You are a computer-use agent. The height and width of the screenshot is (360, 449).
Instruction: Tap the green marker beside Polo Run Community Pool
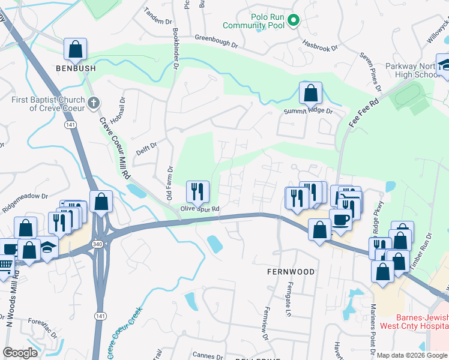pos(294,21)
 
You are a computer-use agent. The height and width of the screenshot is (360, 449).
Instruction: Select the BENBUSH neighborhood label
pos(76,69)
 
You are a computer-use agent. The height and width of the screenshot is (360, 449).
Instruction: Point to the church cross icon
pos(92,103)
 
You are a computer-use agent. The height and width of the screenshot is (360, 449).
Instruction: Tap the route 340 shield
pos(97,244)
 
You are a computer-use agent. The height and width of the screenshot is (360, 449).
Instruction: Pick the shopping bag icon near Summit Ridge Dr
pos(310,93)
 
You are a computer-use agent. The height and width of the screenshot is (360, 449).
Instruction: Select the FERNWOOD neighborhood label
pos(291,272)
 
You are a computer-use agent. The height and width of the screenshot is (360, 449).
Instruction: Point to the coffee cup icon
pos(340,220)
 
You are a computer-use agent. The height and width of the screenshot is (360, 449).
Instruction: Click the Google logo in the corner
pos(20,353)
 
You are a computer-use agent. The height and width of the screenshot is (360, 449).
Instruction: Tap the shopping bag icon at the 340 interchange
pos(101,202)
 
